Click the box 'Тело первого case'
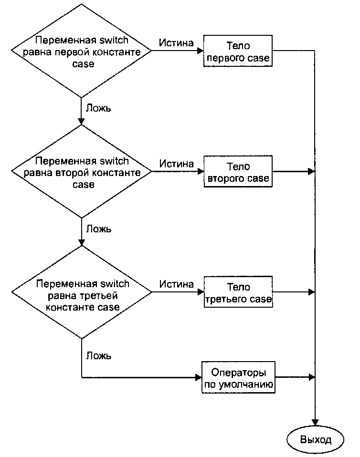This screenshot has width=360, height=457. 238,51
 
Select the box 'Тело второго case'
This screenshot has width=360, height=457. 238,171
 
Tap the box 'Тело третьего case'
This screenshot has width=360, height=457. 238,292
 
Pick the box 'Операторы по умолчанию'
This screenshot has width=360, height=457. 238,377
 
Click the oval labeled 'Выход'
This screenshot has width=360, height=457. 316,439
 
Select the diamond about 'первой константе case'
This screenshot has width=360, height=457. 81,51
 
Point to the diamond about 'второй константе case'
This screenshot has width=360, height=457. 81,171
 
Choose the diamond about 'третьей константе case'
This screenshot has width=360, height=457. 82,292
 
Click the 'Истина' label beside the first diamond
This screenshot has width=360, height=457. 176,43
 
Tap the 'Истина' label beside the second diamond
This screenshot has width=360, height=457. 177,164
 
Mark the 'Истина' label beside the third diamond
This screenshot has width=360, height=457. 177,284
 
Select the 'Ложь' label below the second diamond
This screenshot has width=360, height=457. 99,229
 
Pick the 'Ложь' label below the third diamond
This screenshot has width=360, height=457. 99,355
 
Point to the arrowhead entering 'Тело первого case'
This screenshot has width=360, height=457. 201,51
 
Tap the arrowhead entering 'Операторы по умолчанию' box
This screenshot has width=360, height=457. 198,377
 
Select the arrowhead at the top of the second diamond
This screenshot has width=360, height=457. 81,122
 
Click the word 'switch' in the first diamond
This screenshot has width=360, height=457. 114,40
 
